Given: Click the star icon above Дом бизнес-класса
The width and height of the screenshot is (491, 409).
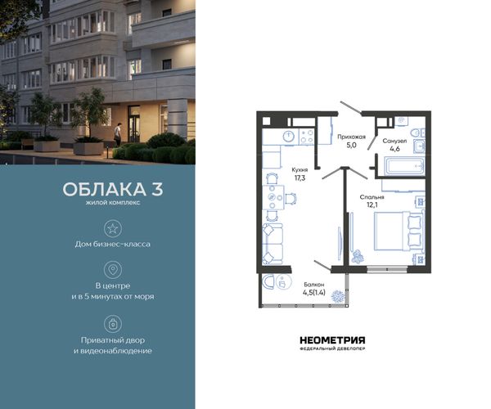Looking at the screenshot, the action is tap(113, 228).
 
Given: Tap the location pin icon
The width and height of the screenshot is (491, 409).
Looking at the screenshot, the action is tap(113, 269).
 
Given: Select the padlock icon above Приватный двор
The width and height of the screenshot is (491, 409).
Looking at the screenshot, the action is tap(113, 324).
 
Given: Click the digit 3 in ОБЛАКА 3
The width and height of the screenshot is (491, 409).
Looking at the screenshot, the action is tap(157, 189).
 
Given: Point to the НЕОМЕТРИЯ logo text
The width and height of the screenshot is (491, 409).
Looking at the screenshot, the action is tap(332, 340).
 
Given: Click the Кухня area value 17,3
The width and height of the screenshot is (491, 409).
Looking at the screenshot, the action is tap(300, 178).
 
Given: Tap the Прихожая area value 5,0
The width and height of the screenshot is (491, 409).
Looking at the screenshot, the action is tap(351, 145).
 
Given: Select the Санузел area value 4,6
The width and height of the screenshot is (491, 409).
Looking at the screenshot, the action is tap(394, 149).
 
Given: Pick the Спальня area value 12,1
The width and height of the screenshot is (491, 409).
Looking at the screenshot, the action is tap(372, 205).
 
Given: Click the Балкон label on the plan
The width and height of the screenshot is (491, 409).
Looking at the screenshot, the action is tap(313, 285).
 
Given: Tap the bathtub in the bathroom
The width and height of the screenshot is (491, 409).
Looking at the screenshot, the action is tap(404, 166).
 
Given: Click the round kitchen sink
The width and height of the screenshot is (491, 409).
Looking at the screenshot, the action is tap(289, 137).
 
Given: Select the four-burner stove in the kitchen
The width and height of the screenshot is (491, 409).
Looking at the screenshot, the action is tap(307, 137).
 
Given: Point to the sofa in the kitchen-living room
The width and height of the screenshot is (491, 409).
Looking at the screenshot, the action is tap(273, 244).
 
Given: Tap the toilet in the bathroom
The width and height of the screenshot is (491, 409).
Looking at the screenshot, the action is tap(419, 133).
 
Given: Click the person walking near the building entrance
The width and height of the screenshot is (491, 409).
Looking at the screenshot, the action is tap(117, 134).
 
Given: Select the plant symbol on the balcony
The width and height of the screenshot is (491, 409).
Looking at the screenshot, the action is tap(338, 296).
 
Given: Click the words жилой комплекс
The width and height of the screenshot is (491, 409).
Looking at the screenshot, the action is tap(113, 203).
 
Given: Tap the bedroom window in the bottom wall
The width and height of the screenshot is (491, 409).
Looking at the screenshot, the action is tap(387, 269).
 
